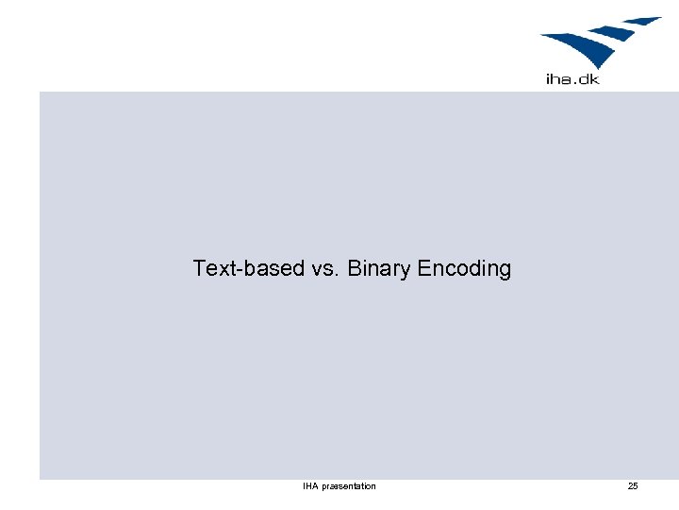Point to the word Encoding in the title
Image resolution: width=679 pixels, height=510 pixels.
(x=464, y=269)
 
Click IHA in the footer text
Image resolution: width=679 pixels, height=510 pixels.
(x=309, y=486)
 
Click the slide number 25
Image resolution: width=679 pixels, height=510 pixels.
(x=633, y=486)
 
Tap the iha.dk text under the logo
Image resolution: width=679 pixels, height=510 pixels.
(x=572, y=79)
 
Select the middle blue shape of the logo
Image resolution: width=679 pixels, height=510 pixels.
(x=613, y=33)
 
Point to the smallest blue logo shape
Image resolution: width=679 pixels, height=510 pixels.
(x=642, y=21)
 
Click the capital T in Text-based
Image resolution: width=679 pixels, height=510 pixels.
(x=199, y=268)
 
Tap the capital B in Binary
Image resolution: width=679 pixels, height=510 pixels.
(x=355, y=268)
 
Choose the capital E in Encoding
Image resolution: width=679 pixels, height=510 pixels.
(x=423, y=268)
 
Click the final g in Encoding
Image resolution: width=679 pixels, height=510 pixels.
(x=505, y=271)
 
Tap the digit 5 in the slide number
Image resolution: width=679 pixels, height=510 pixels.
(x=636, y=486)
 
